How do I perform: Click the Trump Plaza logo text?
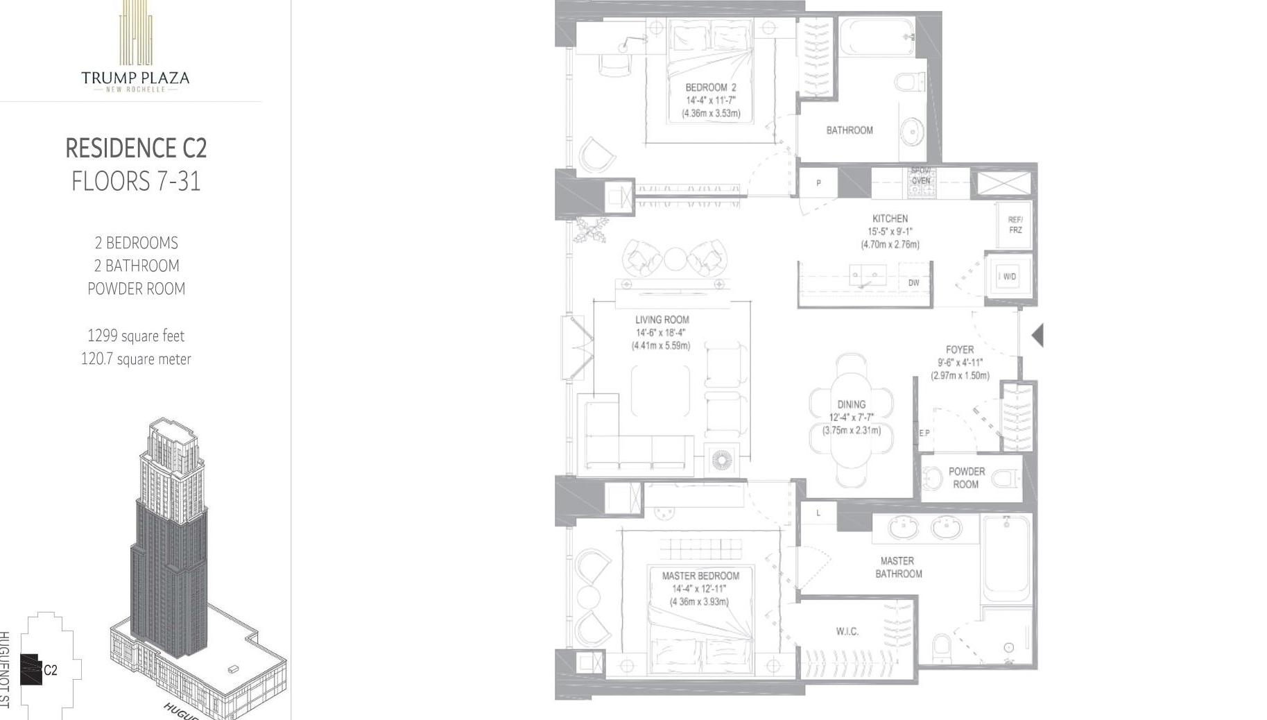coord(135,78)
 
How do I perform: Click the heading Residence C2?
coord(136,148)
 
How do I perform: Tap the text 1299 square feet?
coord(136,336)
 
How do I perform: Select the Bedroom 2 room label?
coord(711,87)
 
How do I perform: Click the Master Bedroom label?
coord(700,576)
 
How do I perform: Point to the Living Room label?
coord(662,320)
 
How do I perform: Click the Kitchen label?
coord(890,218)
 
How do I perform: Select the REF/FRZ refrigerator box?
coord(1015,225)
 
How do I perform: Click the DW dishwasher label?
coord(913,283)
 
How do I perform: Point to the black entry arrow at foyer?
coord(1037,335)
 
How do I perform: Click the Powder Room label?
coord(966,477)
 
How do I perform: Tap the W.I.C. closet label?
coord(847,631)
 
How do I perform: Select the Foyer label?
coord(960,350)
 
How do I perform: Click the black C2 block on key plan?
coord(31,669)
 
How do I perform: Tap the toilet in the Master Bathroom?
coord(941,649)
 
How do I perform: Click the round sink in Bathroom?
coord(912,131)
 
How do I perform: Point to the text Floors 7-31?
coord(136,182)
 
